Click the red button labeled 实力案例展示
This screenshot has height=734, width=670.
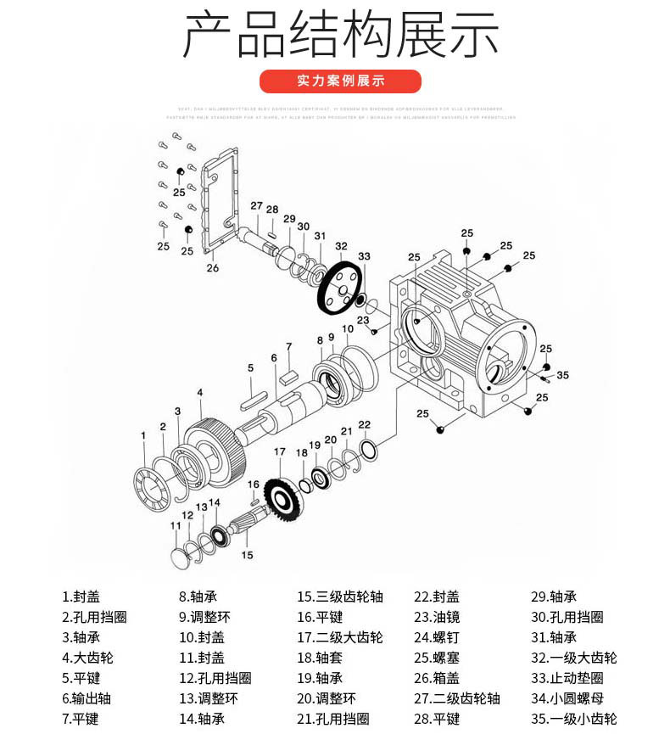click(x=340, y=81)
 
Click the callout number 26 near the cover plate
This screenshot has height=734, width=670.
click(x=212, y=268)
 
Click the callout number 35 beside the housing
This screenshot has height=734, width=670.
click(x=562, y=374)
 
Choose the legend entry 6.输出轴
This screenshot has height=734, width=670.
click(x=87, y=698)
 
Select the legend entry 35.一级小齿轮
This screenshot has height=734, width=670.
click(x=574, y=719)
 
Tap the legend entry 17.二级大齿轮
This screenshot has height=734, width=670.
click(x=339, y=637)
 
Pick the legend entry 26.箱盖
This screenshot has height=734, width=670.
click(x=436, y=678)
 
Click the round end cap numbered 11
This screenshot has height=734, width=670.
click(x=179, y=558)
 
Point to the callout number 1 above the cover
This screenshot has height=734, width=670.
click(x=144, y=435)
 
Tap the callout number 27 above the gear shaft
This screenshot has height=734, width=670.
click(x=256, y=206)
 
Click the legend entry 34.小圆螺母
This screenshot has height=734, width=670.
click(x=574, y=698)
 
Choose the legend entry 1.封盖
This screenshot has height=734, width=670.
click(x=81, y=597)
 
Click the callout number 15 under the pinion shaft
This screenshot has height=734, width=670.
click(x=247, y=555)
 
